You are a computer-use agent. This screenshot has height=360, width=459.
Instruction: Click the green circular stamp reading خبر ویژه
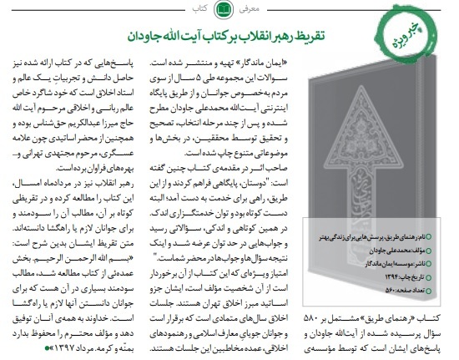pyautogui.click(x=428, y=43)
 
